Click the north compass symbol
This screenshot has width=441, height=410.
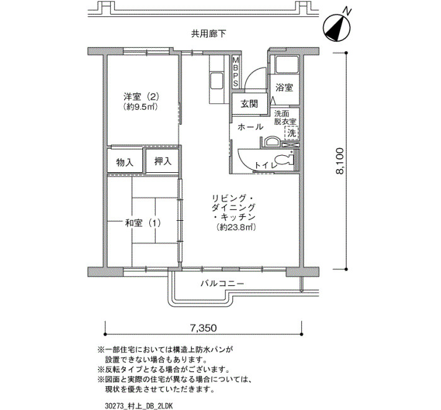click(337, 27)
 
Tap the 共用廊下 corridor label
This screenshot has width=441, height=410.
click(209, 34)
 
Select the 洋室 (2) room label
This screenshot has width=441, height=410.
click(142, 97)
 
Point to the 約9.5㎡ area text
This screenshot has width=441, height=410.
click(140, 107)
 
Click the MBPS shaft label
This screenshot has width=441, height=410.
click(236, 72)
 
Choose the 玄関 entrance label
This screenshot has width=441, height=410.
click(249, 104)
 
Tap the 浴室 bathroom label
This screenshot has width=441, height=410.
click(284, 88)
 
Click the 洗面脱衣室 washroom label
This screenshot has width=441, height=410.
click(285, 118)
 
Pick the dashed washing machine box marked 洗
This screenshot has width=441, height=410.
click(291, 133)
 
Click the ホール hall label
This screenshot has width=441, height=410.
click(251, 127)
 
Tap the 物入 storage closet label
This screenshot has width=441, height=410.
click(125, 163)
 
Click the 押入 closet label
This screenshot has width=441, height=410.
click(163, 161)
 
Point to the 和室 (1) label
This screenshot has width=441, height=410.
click(143, 223)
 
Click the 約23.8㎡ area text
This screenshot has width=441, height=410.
click(236, 227)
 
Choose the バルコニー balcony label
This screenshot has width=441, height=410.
click(222, 283)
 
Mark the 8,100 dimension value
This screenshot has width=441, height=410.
click(340, 161)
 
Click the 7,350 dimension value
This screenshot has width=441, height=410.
click(203, 328)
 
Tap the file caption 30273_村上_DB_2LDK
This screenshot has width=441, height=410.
click(139, 406)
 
